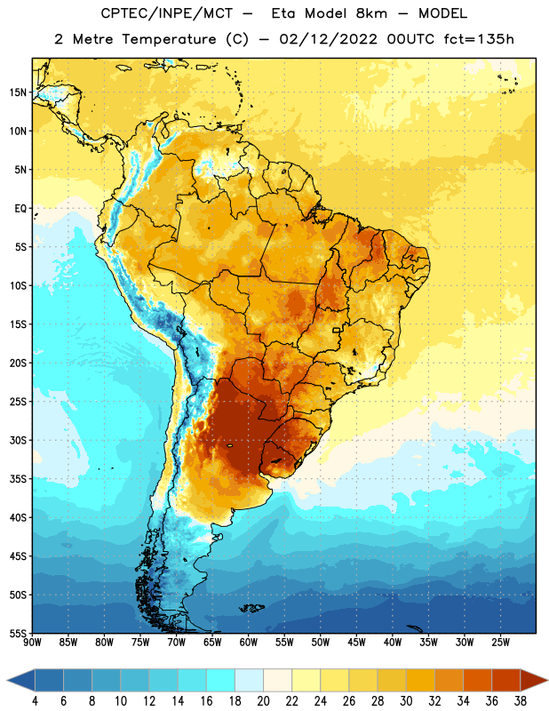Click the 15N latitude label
coord(18,92)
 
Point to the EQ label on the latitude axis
coord(20,209)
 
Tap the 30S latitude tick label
coord(18,440)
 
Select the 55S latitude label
coord(18,633)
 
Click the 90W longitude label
coord(32,643)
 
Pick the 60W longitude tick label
coord(249,643)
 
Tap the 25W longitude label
coord(500,643)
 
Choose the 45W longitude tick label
coord(356,643)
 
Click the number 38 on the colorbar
coord(520,701)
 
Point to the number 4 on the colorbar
coord(35,701)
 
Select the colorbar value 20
coord(263,701)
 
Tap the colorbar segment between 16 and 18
coord(221,681)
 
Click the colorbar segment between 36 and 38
coord(506,681)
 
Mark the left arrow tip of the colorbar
coord(7,681)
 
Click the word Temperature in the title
coord(169,39)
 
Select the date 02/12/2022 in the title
coord(328,39)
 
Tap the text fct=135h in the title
coord(479,39)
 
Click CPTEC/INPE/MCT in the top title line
coord(167,13)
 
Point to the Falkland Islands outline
coord(252,608)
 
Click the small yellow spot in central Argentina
coord(230,446)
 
